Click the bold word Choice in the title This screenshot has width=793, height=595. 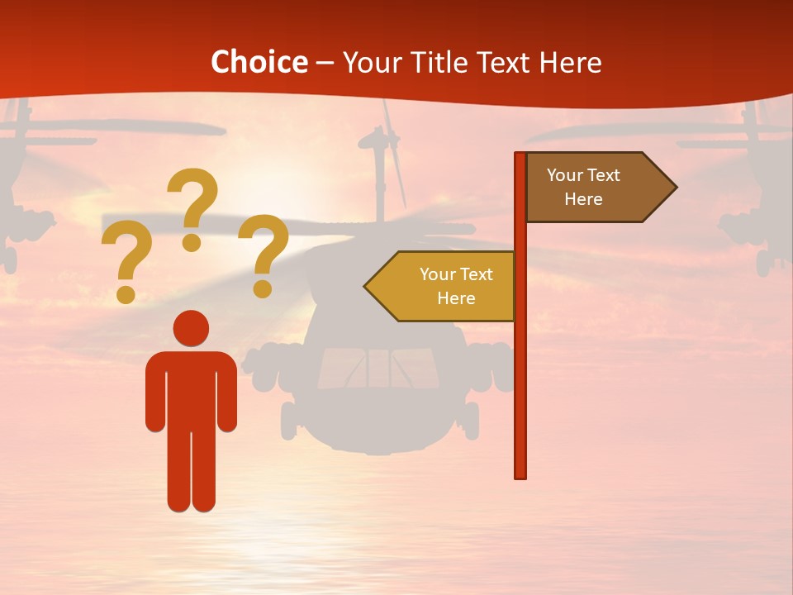[x=259, y=63]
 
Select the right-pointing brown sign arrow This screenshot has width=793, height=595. [x=599, y=188]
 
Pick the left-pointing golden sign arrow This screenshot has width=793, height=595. [x=442, y=286]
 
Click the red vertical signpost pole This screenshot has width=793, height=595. [x=520, y=372]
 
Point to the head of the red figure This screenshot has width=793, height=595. [x=191, y=328]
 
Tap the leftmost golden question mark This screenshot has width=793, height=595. [x=127, y=260]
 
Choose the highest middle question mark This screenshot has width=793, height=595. [x=192, y=207]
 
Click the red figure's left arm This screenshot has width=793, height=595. [x=154, y=393]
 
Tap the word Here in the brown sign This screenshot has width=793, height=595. [x=583, y=199]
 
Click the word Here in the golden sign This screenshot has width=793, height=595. [x=456, y=298]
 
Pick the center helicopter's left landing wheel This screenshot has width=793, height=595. [x=289, y=421]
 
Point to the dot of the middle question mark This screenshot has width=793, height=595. [x=192, y=242]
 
